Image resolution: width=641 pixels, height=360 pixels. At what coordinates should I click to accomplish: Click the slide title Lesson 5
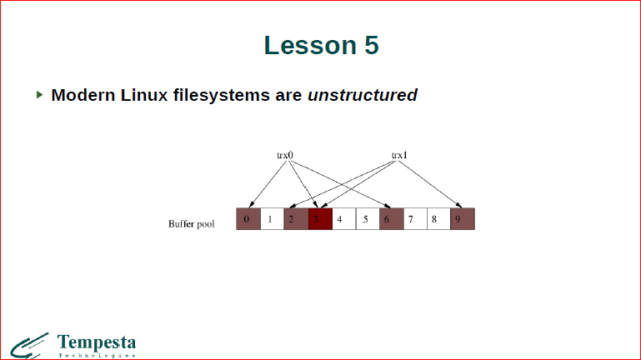point(321,45)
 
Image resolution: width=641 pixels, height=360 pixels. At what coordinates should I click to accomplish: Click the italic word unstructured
point(362,95)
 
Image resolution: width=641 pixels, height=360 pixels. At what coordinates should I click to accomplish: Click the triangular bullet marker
point(39,94)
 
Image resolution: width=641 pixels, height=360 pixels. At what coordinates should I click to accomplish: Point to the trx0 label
point(285,155)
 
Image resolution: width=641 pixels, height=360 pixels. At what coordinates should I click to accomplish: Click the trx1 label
point(399,155)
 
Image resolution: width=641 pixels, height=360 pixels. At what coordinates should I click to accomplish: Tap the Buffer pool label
point(191,224)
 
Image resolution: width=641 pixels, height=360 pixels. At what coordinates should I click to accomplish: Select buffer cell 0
point(248,219)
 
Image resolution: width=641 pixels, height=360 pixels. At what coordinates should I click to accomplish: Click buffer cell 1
point(272,219)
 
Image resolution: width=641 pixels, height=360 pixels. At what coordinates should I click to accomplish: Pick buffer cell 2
point(295,219)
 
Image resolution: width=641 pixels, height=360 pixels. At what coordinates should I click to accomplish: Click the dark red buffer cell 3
point(319,219)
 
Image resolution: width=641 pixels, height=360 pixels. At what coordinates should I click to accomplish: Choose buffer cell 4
point(343,219)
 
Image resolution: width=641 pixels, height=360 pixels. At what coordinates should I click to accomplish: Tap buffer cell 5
point(367,219)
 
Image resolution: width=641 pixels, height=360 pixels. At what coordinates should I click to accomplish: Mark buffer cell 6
point(391,219)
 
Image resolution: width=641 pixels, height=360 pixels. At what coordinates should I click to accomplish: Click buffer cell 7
point(415,219)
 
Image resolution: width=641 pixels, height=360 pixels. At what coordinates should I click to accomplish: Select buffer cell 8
point(438,219)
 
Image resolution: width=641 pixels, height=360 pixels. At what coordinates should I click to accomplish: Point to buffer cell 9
point(463,219)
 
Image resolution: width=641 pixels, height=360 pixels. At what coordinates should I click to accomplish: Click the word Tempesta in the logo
point(97,341)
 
